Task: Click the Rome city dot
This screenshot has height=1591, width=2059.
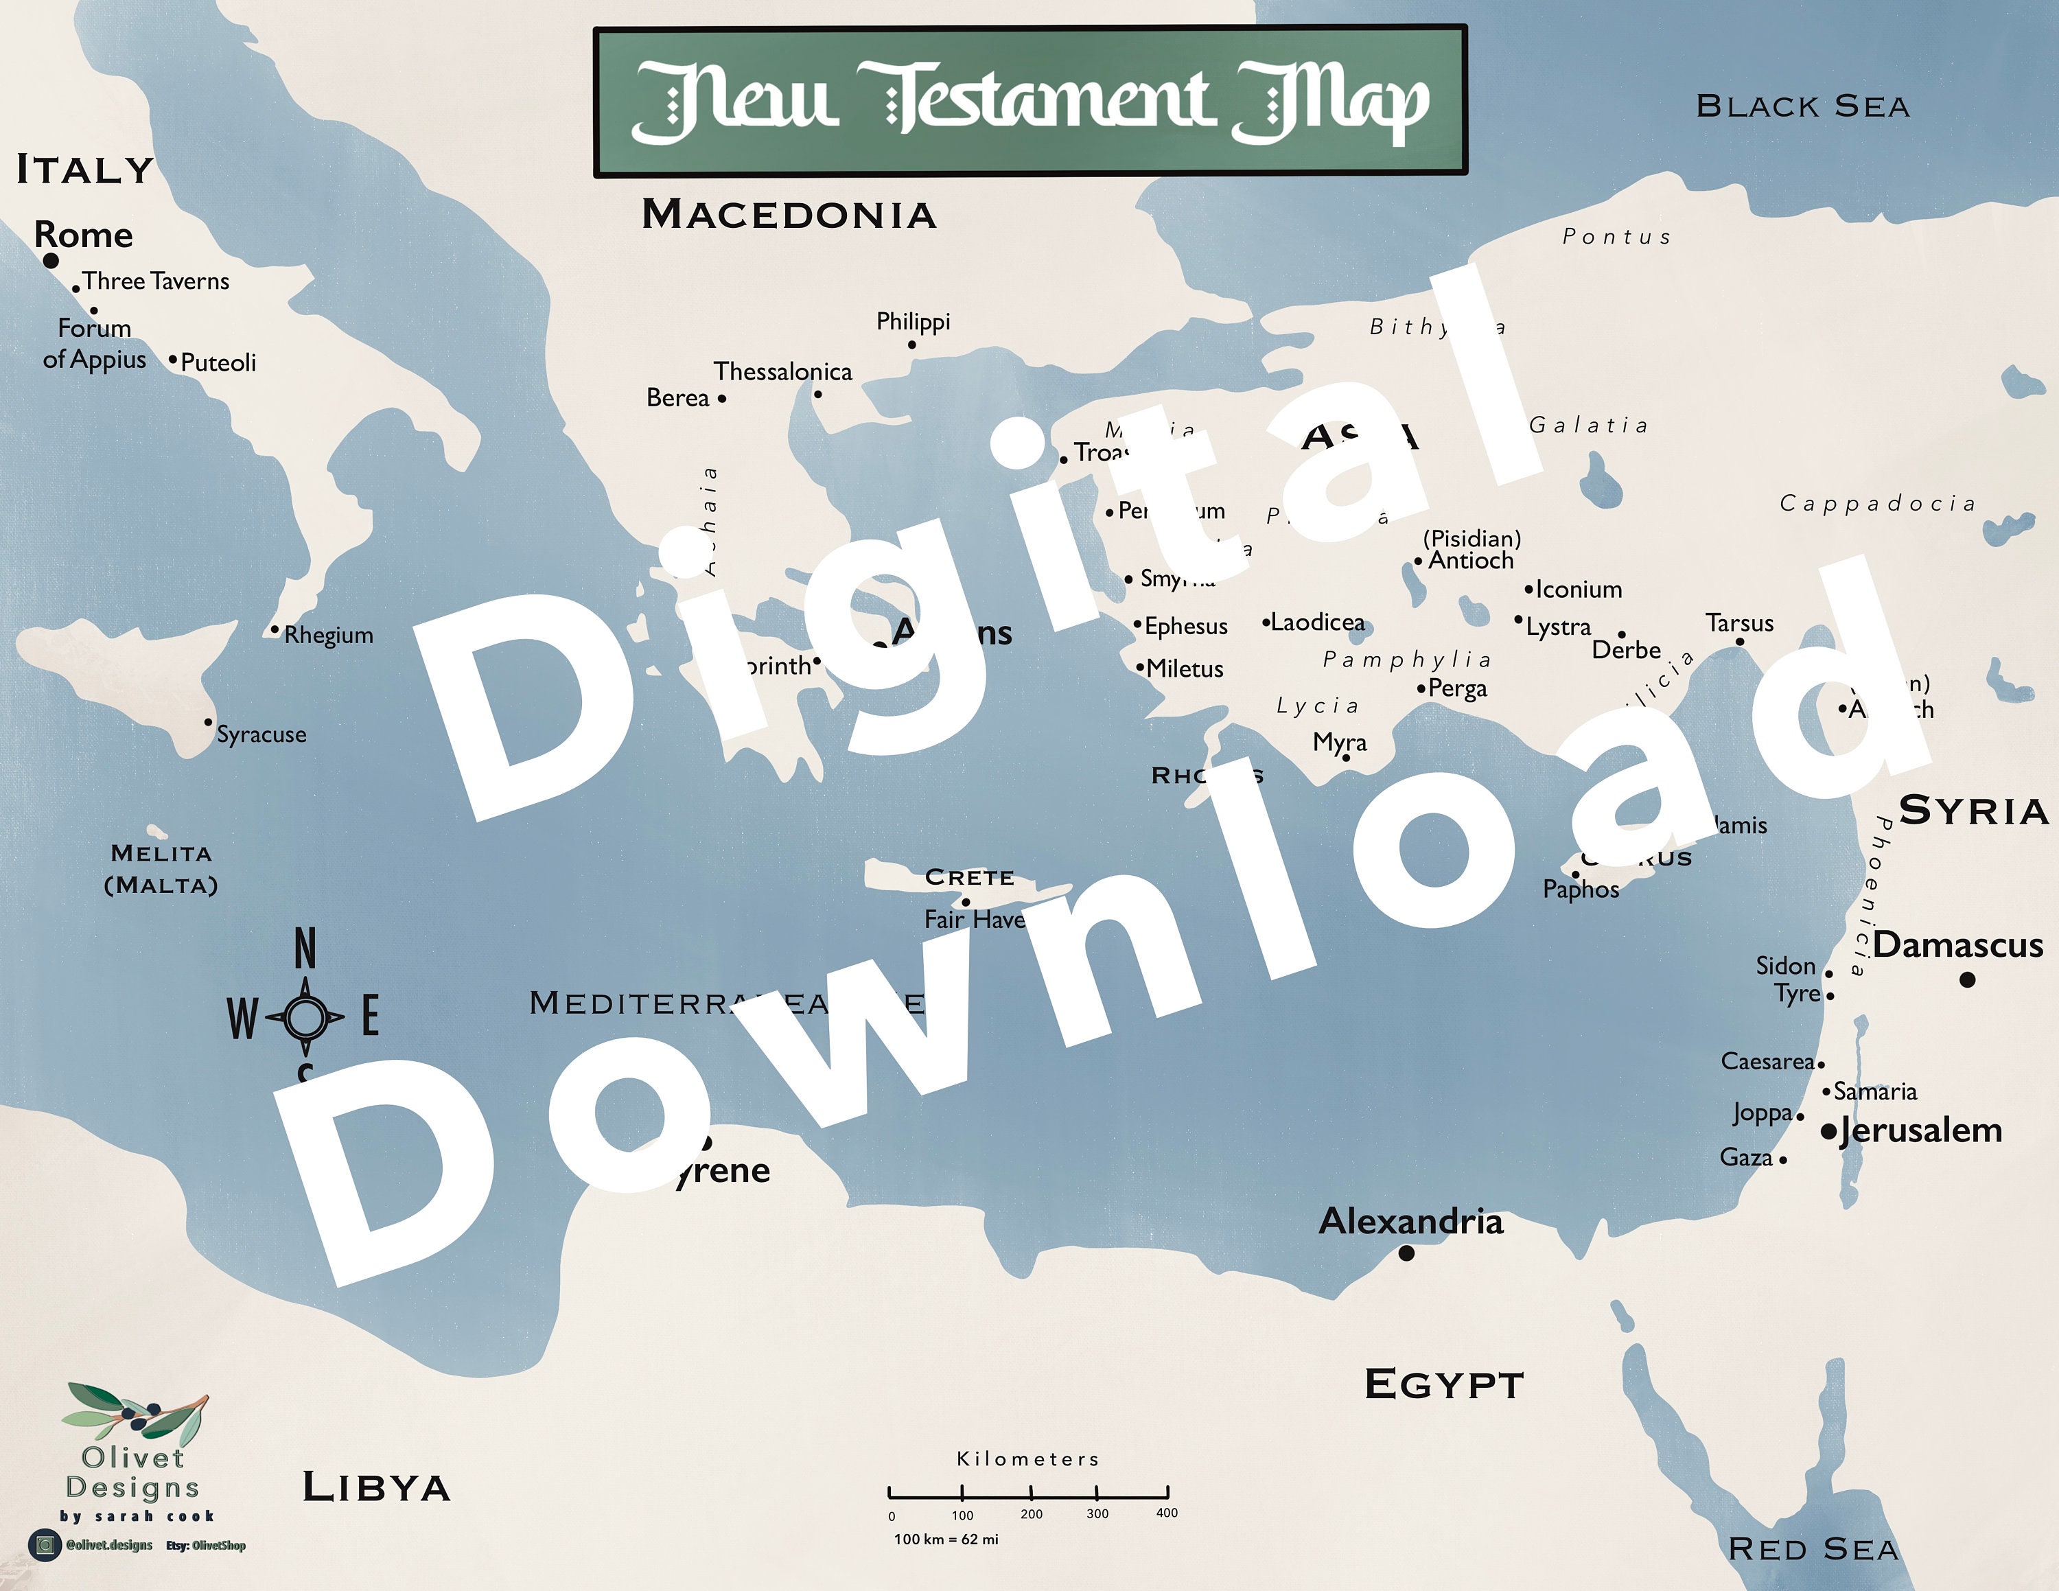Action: [x=51, y=260]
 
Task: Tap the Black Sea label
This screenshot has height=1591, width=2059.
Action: [x=1802, y=106]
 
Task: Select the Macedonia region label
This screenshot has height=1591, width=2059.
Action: [x=789, y=215]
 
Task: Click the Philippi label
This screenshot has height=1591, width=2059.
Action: [x=913, y=321]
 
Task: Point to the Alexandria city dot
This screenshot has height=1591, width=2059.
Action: [x=1406, y=1253]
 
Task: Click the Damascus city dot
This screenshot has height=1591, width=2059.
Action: [x=1966, y=980]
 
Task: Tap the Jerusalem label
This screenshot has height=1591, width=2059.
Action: [x=1920, y=1129]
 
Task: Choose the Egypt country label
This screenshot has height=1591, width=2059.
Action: [x=1443, y=1384]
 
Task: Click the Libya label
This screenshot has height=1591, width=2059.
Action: [x=376, y=1487]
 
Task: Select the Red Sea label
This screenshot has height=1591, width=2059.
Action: [x=1813, y=1548]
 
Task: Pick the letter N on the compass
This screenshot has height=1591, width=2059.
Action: [x=305, y=948]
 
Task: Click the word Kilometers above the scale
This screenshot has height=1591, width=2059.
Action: [x=1027, y=1459]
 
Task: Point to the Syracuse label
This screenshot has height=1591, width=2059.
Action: [x=261, y=734]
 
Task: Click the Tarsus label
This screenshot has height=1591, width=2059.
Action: [x=1739, y=623]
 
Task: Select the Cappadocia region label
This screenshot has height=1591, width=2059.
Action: [x=1877, y=503]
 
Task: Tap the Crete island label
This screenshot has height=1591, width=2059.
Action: [x=969, y=877]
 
